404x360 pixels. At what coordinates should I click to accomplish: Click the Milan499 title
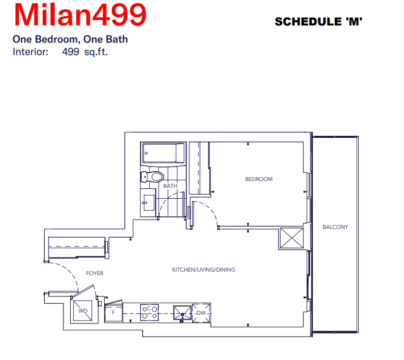pyautogui.click(x=80, y=15)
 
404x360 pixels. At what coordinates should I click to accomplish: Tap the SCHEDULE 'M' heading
pyautogui.click(x=319, y=22)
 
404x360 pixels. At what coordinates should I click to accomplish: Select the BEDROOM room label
pyautogui.click(x=259, y=179)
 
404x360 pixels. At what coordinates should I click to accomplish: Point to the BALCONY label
pyautogui.click(x=335, y=227)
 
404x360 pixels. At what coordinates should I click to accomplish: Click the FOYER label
pyautogui.click(x=95, y=273)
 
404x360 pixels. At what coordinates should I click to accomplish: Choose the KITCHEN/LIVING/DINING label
pyautogui.click(x=204, y=269)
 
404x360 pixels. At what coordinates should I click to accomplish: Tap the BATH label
pyautogui.click(x=170, y=186)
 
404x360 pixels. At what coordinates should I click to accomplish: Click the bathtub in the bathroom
pyautogui.click(x=163, y=153)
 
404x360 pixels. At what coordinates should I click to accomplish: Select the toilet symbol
pyautogui.click(x=152, y=177)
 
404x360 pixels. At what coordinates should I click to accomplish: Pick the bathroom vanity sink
pyautogui.click(x=148, y=203)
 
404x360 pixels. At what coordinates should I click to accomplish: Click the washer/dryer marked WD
pyautogui.click(x=82, y=311)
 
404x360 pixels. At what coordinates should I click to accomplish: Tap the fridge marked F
pyautogui.click(x=113, y=312)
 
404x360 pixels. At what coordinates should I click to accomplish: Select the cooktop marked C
pyautogui.click(x=149, y=312)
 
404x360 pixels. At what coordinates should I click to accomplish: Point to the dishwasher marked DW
pyautogui.click(x=201, y=313)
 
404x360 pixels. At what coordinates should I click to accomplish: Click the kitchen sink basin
pyautogui.click(x=182, y=313)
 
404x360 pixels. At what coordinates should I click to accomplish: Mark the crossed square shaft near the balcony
pyautogui.click(x=292, y=238)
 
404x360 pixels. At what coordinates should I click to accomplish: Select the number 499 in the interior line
pyautogui.click(x=71, y=52)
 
